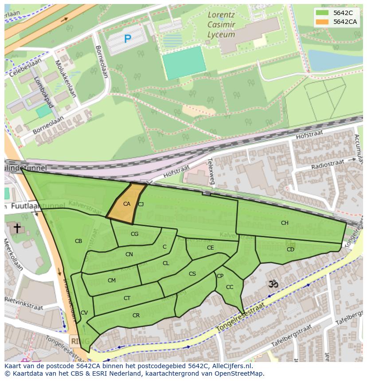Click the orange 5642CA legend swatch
[323, 22]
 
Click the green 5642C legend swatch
[323, 13]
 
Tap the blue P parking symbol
[128, 39]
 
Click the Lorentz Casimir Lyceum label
[222, 25]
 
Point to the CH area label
[285, 223]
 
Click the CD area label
[290, 249]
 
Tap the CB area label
[78, 241]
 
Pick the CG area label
[135, 234]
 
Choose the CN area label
[129, 254]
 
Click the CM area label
[112, 280]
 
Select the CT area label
[127, 298]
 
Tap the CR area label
[136, 316]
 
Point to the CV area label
[84, 313]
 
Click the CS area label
[192, 274]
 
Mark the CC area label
[230, 287]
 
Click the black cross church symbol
[17, 228]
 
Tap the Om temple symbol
[273, 284]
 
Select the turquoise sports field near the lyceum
[184, 62]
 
